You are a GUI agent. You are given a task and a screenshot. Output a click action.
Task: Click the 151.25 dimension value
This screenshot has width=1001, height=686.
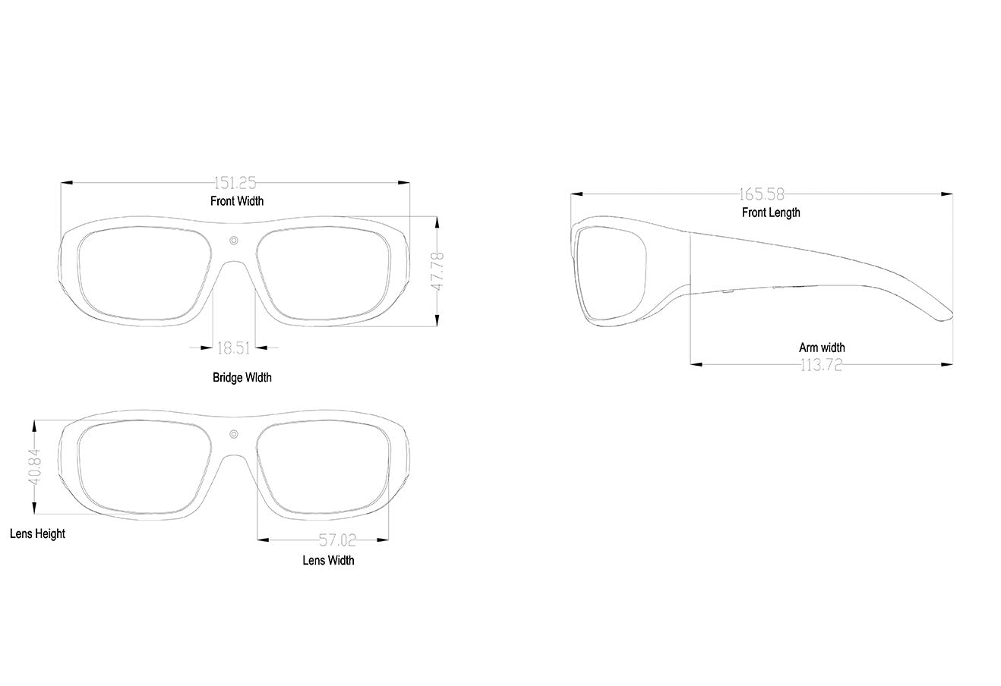[235, 183]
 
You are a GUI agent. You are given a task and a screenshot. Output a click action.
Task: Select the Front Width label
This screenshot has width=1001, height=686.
[237, 201]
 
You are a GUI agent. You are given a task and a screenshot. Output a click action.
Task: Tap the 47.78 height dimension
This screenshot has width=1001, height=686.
[437, 271]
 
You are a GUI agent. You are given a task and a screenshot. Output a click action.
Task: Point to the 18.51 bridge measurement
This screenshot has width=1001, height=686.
[233, 348]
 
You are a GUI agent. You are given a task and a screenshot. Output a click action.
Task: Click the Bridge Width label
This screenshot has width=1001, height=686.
[242, 378]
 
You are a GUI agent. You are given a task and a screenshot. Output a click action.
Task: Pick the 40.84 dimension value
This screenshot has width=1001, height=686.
[34, 467]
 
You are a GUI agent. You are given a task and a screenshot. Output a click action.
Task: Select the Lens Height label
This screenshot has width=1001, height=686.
[37, 534]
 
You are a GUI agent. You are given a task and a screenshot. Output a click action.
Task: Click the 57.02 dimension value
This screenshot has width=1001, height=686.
[337, 540]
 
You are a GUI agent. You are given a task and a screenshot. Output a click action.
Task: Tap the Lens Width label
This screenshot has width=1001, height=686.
[328, 561]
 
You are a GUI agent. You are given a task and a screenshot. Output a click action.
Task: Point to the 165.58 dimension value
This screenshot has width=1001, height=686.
[762, 194]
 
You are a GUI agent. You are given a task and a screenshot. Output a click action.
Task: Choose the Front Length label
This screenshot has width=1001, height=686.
[771, 212]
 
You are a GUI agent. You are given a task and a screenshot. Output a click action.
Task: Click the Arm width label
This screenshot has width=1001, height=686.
[822, 348]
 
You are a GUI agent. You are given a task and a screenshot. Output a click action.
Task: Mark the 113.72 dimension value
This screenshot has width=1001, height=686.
[821, 365]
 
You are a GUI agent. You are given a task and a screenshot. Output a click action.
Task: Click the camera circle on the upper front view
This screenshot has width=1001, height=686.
[234, 241]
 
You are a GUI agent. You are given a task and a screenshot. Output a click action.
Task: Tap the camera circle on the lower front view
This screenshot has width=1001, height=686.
[234, 434]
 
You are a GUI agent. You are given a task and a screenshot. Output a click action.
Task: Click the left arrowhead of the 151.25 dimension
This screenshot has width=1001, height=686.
[67, 183]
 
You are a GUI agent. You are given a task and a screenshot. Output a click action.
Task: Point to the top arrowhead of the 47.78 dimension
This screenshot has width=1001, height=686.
[437, 222]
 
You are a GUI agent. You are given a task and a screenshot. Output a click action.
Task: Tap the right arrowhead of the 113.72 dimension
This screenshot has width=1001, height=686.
[947, 364]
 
